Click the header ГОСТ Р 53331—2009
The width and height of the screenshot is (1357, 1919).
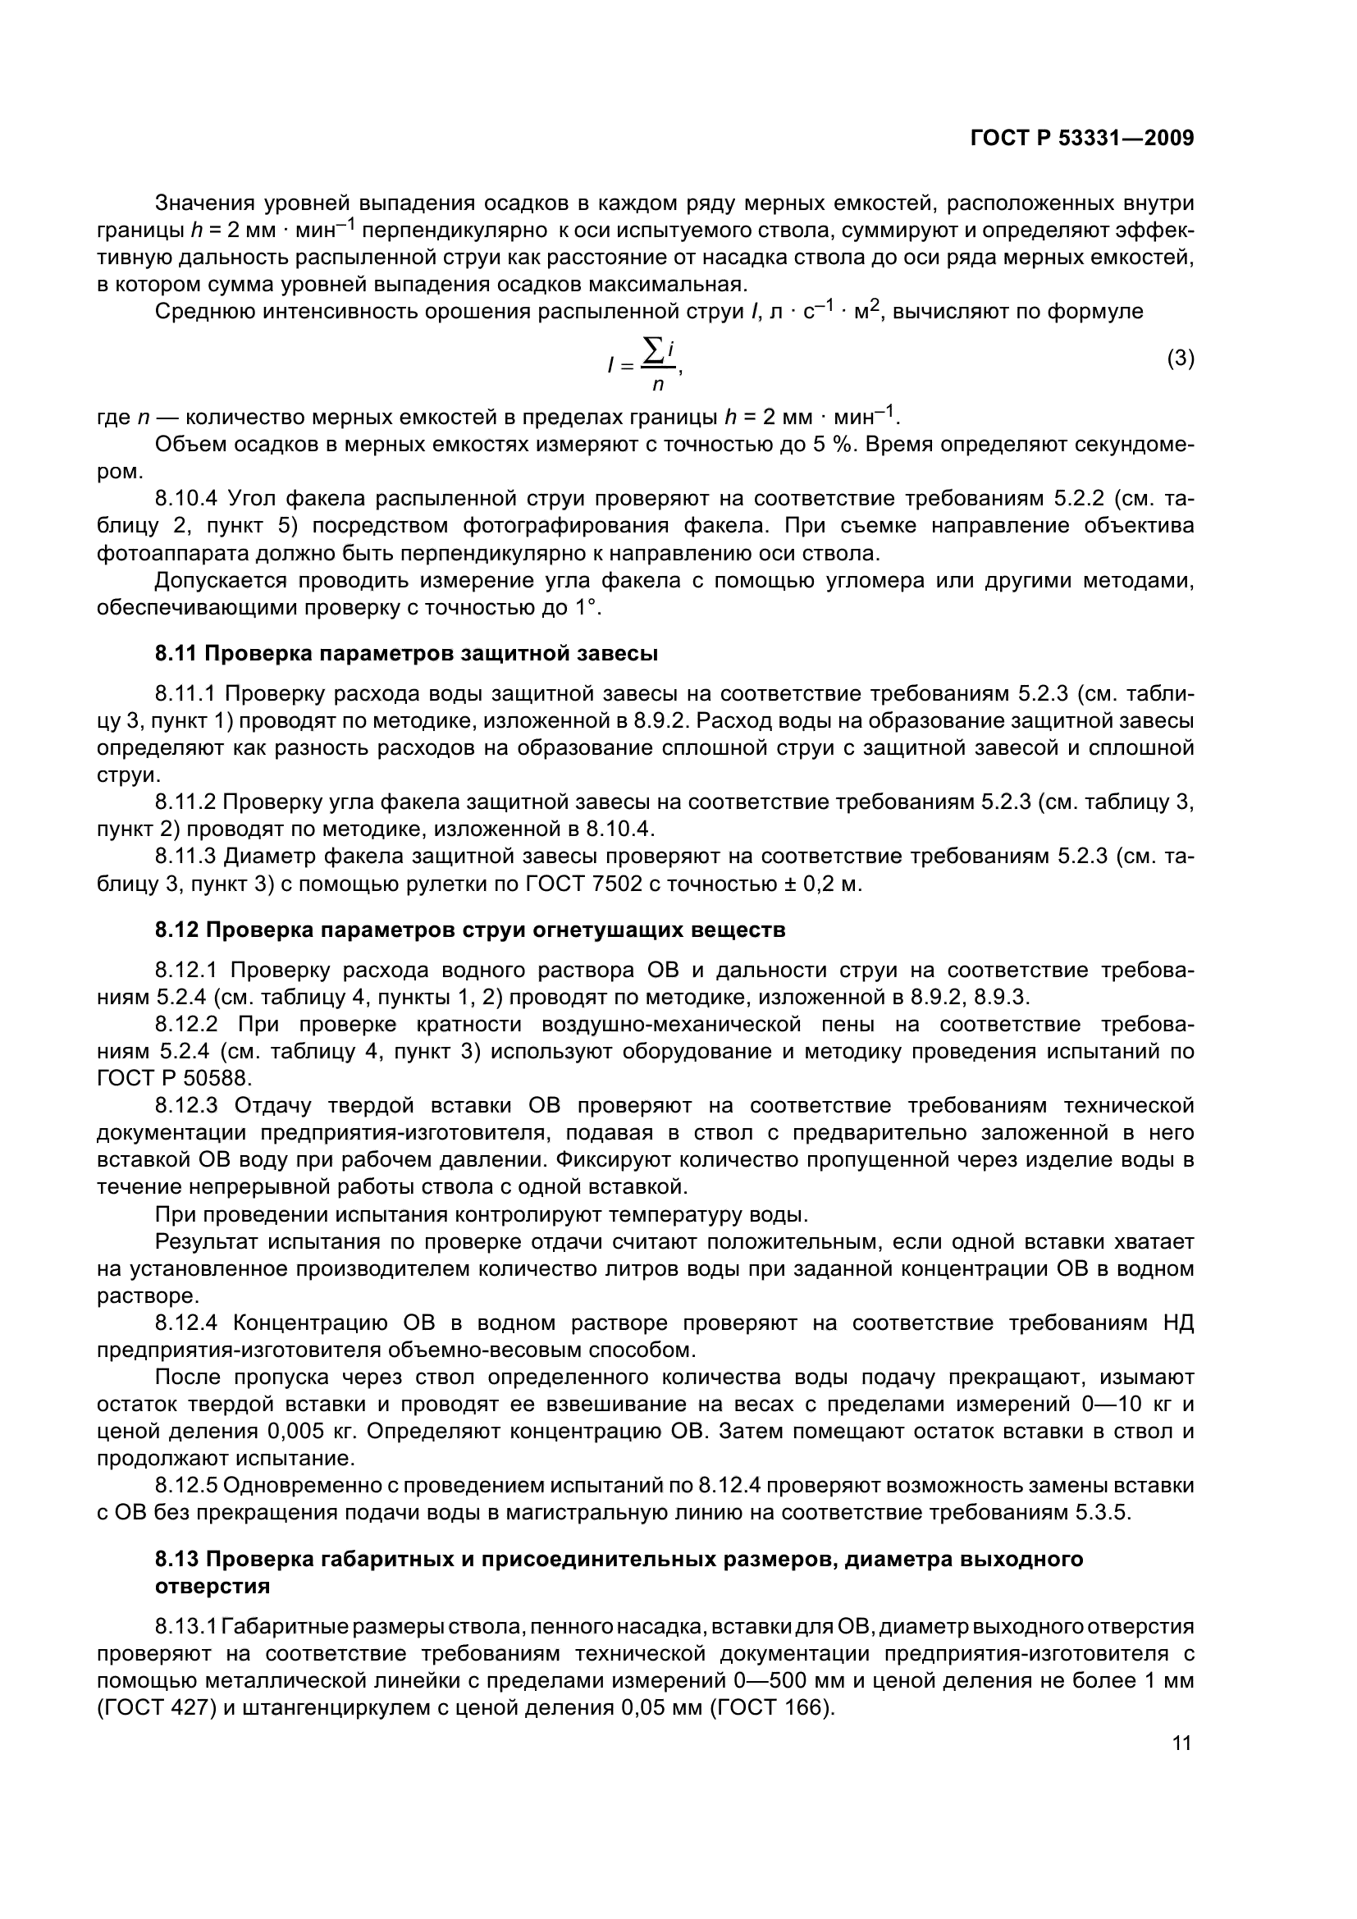(1081, 138)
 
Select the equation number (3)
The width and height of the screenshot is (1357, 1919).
(1180, 359)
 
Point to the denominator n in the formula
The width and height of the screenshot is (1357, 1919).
(658, 386)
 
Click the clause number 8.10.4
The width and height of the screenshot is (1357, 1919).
(186, 499)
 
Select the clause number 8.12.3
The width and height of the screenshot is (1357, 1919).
(186, 1106)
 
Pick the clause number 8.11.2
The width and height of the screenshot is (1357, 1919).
(185, 802)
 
